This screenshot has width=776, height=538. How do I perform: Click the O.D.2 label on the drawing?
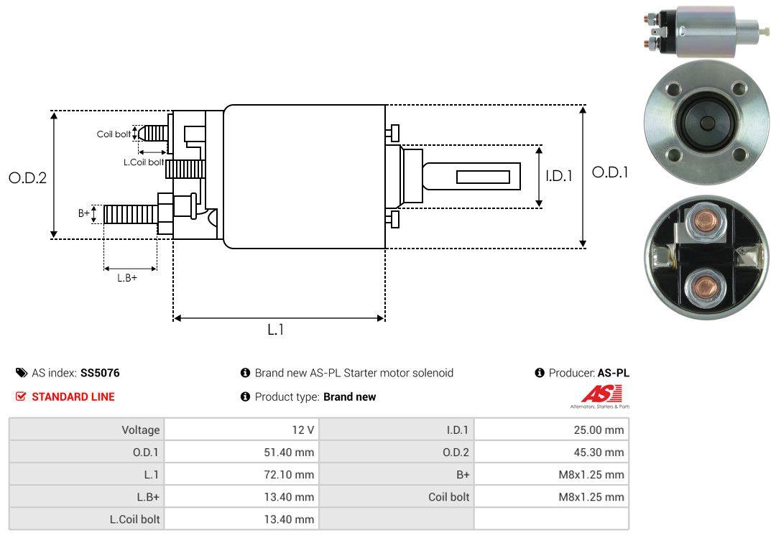(x=27, y=177)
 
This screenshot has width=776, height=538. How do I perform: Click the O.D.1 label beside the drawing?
(x=610, y=172)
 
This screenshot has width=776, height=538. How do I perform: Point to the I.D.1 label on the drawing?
(x=558, y=175)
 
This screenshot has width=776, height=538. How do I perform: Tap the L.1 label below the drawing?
(x=276, y=330)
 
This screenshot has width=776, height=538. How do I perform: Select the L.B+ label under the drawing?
(x=127, y=277)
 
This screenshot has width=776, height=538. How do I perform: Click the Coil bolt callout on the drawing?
(x=114, y=134)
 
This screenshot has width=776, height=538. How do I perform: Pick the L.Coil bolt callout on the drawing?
(x=143, y=162)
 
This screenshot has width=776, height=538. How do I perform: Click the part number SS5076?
(x=100, y=373)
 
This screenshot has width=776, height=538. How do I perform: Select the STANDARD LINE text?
(x=73, y=396)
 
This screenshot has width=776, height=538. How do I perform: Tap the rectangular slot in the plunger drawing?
(x=483, y=177)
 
